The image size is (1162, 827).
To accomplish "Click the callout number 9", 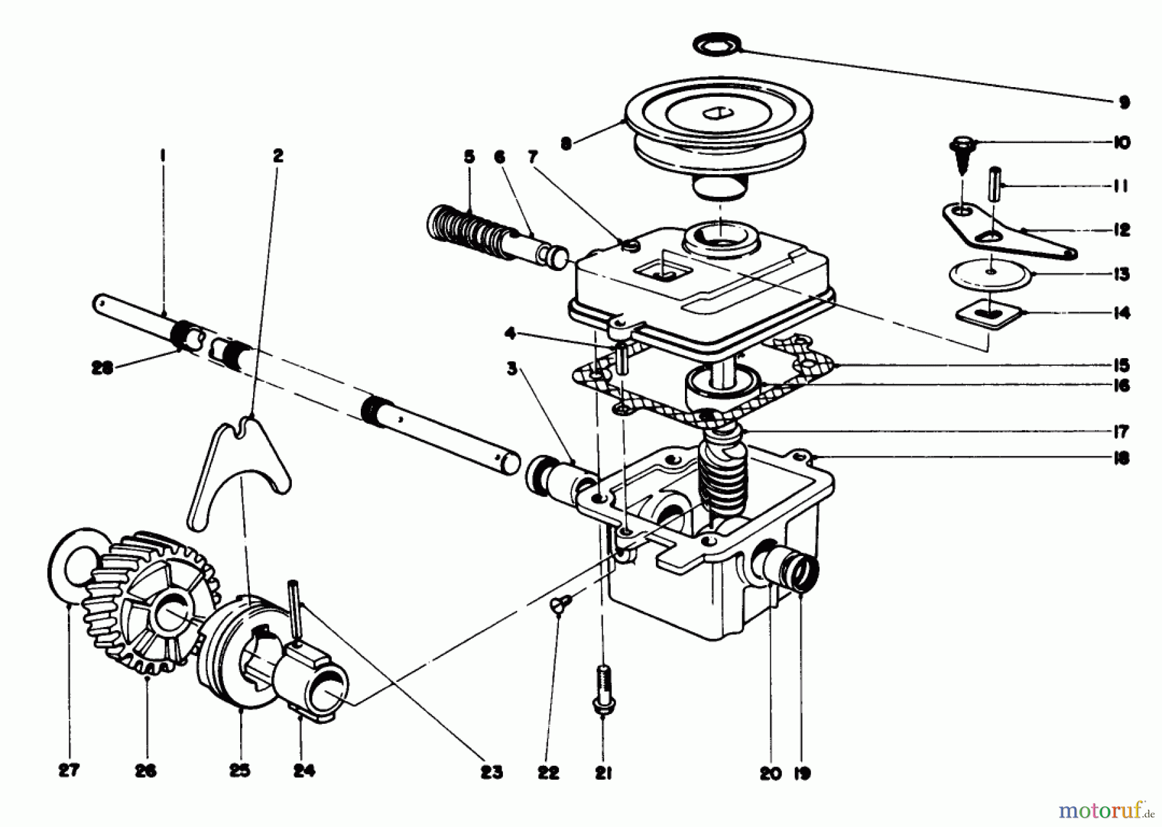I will (x=1124, y=102).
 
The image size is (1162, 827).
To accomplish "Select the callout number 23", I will (x=491, y=772).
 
